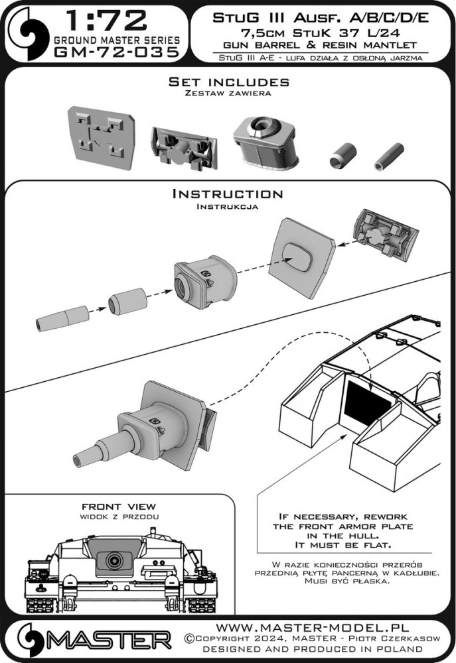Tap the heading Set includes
pyautogui.click(x=228, y=82)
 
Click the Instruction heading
pyautogui.click(x=228, y=194)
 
